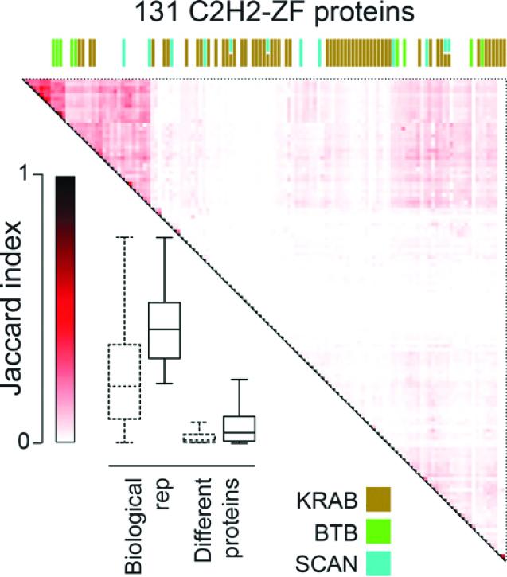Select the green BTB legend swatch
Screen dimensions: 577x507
pyautogui.click(x=378, y=531)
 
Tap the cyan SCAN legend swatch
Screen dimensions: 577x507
pyautogui.click(x=378, y=562)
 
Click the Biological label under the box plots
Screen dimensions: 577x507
pyautogui.click(x=133, y=524)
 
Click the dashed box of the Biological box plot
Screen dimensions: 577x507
pyautogui.click(x=123, y=381)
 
